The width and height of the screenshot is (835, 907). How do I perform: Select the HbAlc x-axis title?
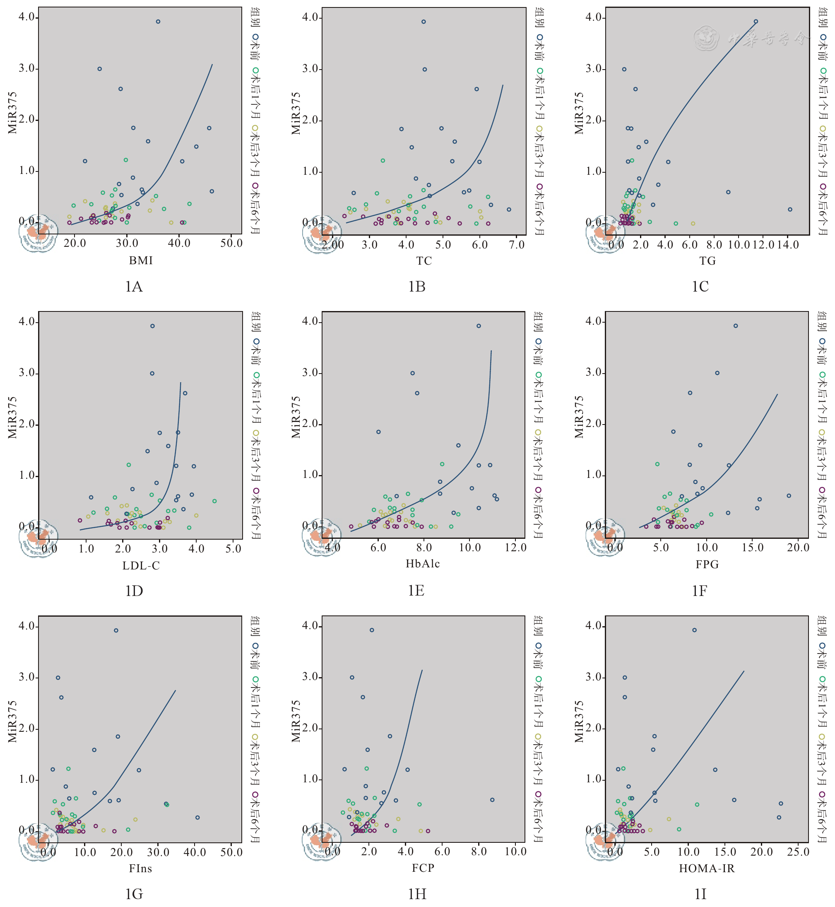click(x=423, y=564)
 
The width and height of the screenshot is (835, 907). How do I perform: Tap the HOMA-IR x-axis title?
click(x=707, y=868)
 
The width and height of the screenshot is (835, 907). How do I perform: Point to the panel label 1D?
click(x=134, y=591)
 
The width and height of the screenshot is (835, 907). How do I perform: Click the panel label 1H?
click(x=416, y=894)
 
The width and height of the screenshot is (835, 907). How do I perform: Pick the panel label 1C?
click(x=700, y=287)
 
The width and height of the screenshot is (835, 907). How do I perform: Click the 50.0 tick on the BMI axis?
click(x=231, y=244)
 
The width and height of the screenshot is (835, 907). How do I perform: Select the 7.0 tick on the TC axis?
click(x=517, y=245)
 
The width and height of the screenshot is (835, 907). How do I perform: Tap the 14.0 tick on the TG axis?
click(x=787, y=245)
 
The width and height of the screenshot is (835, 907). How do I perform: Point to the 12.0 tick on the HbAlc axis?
click(x=515, y=548)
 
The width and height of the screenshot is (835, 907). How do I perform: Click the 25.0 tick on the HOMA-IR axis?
click(x=798, y=852)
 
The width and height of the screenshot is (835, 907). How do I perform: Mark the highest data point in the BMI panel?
click(x=158, y=22)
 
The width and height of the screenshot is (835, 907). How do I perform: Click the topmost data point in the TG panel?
click(x=756, y=22)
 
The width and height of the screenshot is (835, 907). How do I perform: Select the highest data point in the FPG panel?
click(x=736, y=326)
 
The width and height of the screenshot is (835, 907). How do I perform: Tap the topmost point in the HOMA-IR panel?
click(x=695, y=630)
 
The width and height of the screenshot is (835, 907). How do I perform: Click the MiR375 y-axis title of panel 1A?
click(x=12, y=113)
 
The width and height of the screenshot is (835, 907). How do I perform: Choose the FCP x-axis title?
click(x=423, y=868)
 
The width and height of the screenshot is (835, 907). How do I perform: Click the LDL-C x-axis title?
click(x=141, y=566)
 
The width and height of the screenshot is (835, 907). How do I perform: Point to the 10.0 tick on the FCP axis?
click(x=515, y=852)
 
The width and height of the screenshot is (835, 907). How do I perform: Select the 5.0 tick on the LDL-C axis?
click(x=233, y=549)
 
